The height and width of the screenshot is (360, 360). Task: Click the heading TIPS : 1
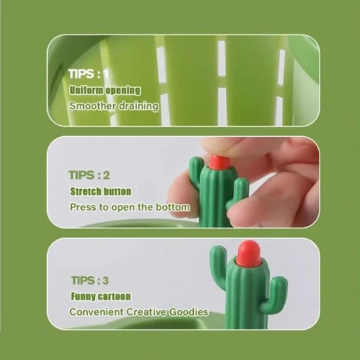(x=88, y=74)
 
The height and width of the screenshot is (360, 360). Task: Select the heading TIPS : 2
(x=89, y=175)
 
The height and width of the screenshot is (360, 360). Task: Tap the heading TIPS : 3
(x=90, y=281)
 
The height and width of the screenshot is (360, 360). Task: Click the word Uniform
(x=86, y=90)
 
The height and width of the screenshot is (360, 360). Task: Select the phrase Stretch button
(x=101, y=192)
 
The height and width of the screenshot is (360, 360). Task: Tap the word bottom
(x=173, y=207)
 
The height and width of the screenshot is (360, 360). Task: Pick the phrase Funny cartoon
(x=101, y=296)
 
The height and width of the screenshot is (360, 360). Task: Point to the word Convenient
(x=97, y=312)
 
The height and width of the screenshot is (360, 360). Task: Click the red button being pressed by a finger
(x=219, y=162)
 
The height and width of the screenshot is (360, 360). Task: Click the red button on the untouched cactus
(x=249, y=252)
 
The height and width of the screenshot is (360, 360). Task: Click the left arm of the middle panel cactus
(x=196, y=171)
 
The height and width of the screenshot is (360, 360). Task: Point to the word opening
(x=123, y=90)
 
